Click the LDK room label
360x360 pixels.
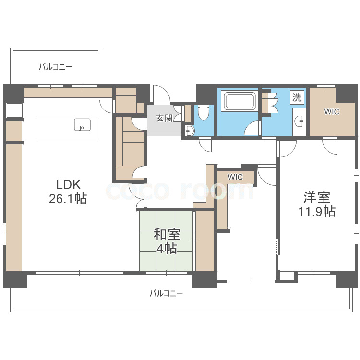[68, 184]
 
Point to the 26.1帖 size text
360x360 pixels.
[68, 199]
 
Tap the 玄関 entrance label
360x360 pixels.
[164, 118]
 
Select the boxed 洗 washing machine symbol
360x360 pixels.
[297, 97]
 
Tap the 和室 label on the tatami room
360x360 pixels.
[167, 235]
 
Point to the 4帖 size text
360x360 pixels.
[167, 248]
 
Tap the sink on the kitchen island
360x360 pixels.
[81, 125]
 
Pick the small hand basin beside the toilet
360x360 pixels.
[189, 131]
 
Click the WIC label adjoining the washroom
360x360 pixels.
[331, 112]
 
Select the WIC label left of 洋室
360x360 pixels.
[235, 177]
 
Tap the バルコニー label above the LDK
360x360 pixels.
[56, 67]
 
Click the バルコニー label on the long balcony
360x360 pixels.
[166, 293]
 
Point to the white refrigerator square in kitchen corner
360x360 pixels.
[14, 110]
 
